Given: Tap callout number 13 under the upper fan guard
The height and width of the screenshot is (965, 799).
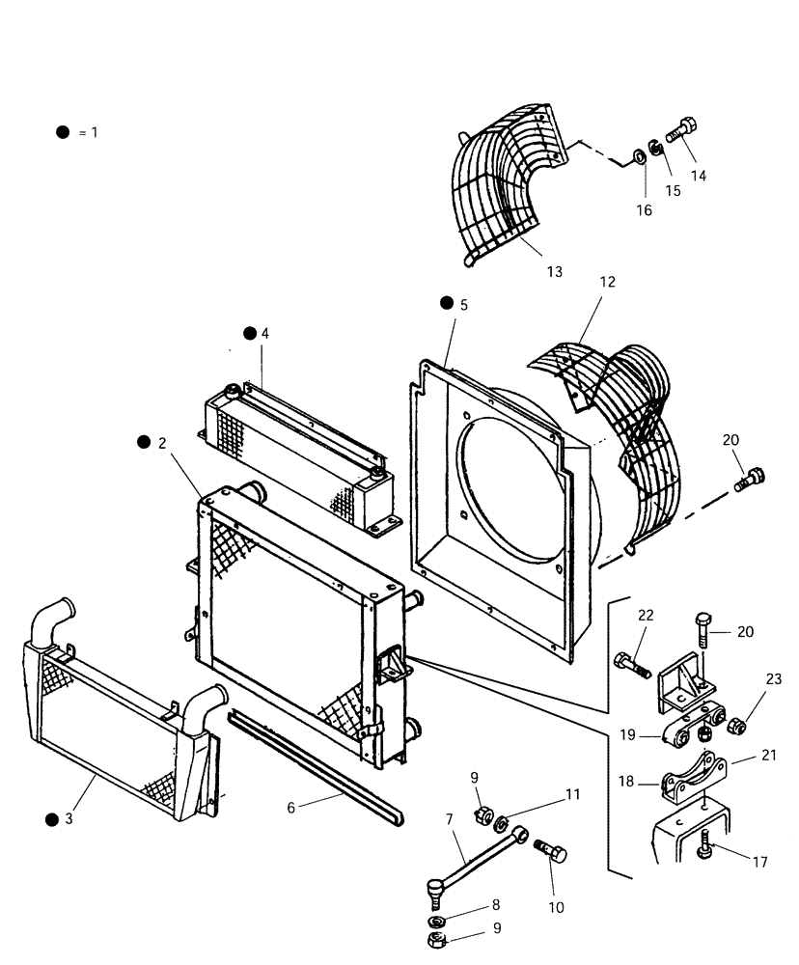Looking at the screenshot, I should pyautogui.click(x=554, y=272).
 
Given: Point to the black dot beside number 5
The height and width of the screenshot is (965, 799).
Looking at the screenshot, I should pyautogui.click(x=446, y=303).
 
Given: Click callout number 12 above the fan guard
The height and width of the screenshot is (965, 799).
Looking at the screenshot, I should pyautogui.click(x=607, y=283).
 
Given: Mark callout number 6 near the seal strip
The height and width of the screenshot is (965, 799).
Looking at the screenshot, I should pyautogui.click(x=290, y=809).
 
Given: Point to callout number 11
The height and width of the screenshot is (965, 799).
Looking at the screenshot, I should pyautogui.click(x=573, y=795).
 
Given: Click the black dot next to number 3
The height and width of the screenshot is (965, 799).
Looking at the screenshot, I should pyautogui.click(x=50, y=819).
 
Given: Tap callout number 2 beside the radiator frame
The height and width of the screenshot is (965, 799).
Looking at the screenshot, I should pyautogui.click(x=162, y=443).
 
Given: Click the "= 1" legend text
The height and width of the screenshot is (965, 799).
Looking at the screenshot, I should pyautogui.click(x=88, y=132).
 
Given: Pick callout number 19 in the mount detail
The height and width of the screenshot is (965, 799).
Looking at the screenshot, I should pyautogui.click(x=627, y=734).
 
